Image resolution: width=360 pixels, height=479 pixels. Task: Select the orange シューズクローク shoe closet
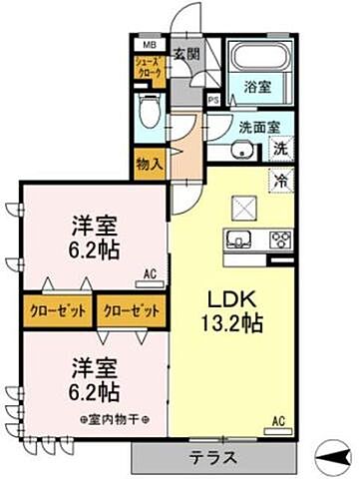[x=148, y=69]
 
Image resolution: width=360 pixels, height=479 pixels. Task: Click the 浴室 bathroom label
[x=256, y=88]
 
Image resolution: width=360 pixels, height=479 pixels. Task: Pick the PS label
[x=213, y=100]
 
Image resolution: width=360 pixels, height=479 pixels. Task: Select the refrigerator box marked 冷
[x=282, y=182]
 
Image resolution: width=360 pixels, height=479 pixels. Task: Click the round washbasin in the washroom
[x=240, y=151]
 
